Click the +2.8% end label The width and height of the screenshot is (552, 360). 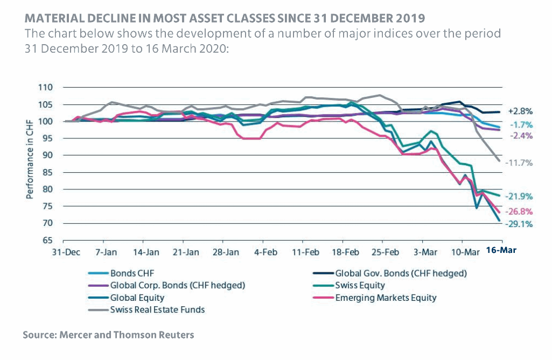tap(520, 111)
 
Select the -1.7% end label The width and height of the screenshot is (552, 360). tap(521, 124)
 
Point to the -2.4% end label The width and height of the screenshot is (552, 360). tap(521, 136)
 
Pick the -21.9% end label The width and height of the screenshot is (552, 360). tap(520, 196)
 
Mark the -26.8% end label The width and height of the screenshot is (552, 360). tap(520, 211)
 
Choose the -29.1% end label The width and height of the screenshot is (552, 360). tap(520, 224)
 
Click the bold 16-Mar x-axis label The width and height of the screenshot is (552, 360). tap(501, 251)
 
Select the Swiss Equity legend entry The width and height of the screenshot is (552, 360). tap(360, 285)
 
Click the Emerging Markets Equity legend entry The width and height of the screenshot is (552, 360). tap(386, 297)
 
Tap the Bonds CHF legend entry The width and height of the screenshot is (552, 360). tap(130, 273)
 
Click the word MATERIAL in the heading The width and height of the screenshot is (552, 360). tap(52, 18)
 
